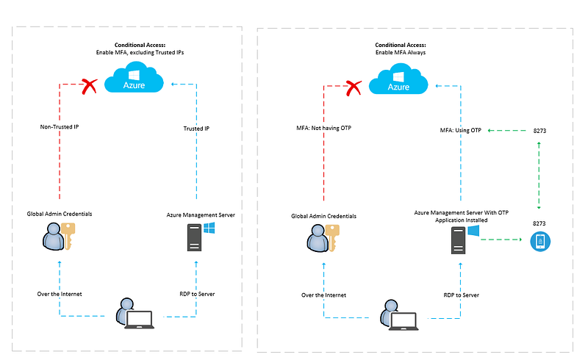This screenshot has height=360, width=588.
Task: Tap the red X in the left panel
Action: coord(90,87)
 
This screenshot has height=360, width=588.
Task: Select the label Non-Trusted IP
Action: coord(60,127)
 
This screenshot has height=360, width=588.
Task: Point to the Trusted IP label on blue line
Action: coord(196,129)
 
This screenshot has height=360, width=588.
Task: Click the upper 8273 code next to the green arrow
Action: coord(540,131)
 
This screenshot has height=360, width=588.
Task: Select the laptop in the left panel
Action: coord(140,319)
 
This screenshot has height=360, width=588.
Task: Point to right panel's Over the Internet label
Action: coord(323,295)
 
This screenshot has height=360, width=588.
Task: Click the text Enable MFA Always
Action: coord(401,54)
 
